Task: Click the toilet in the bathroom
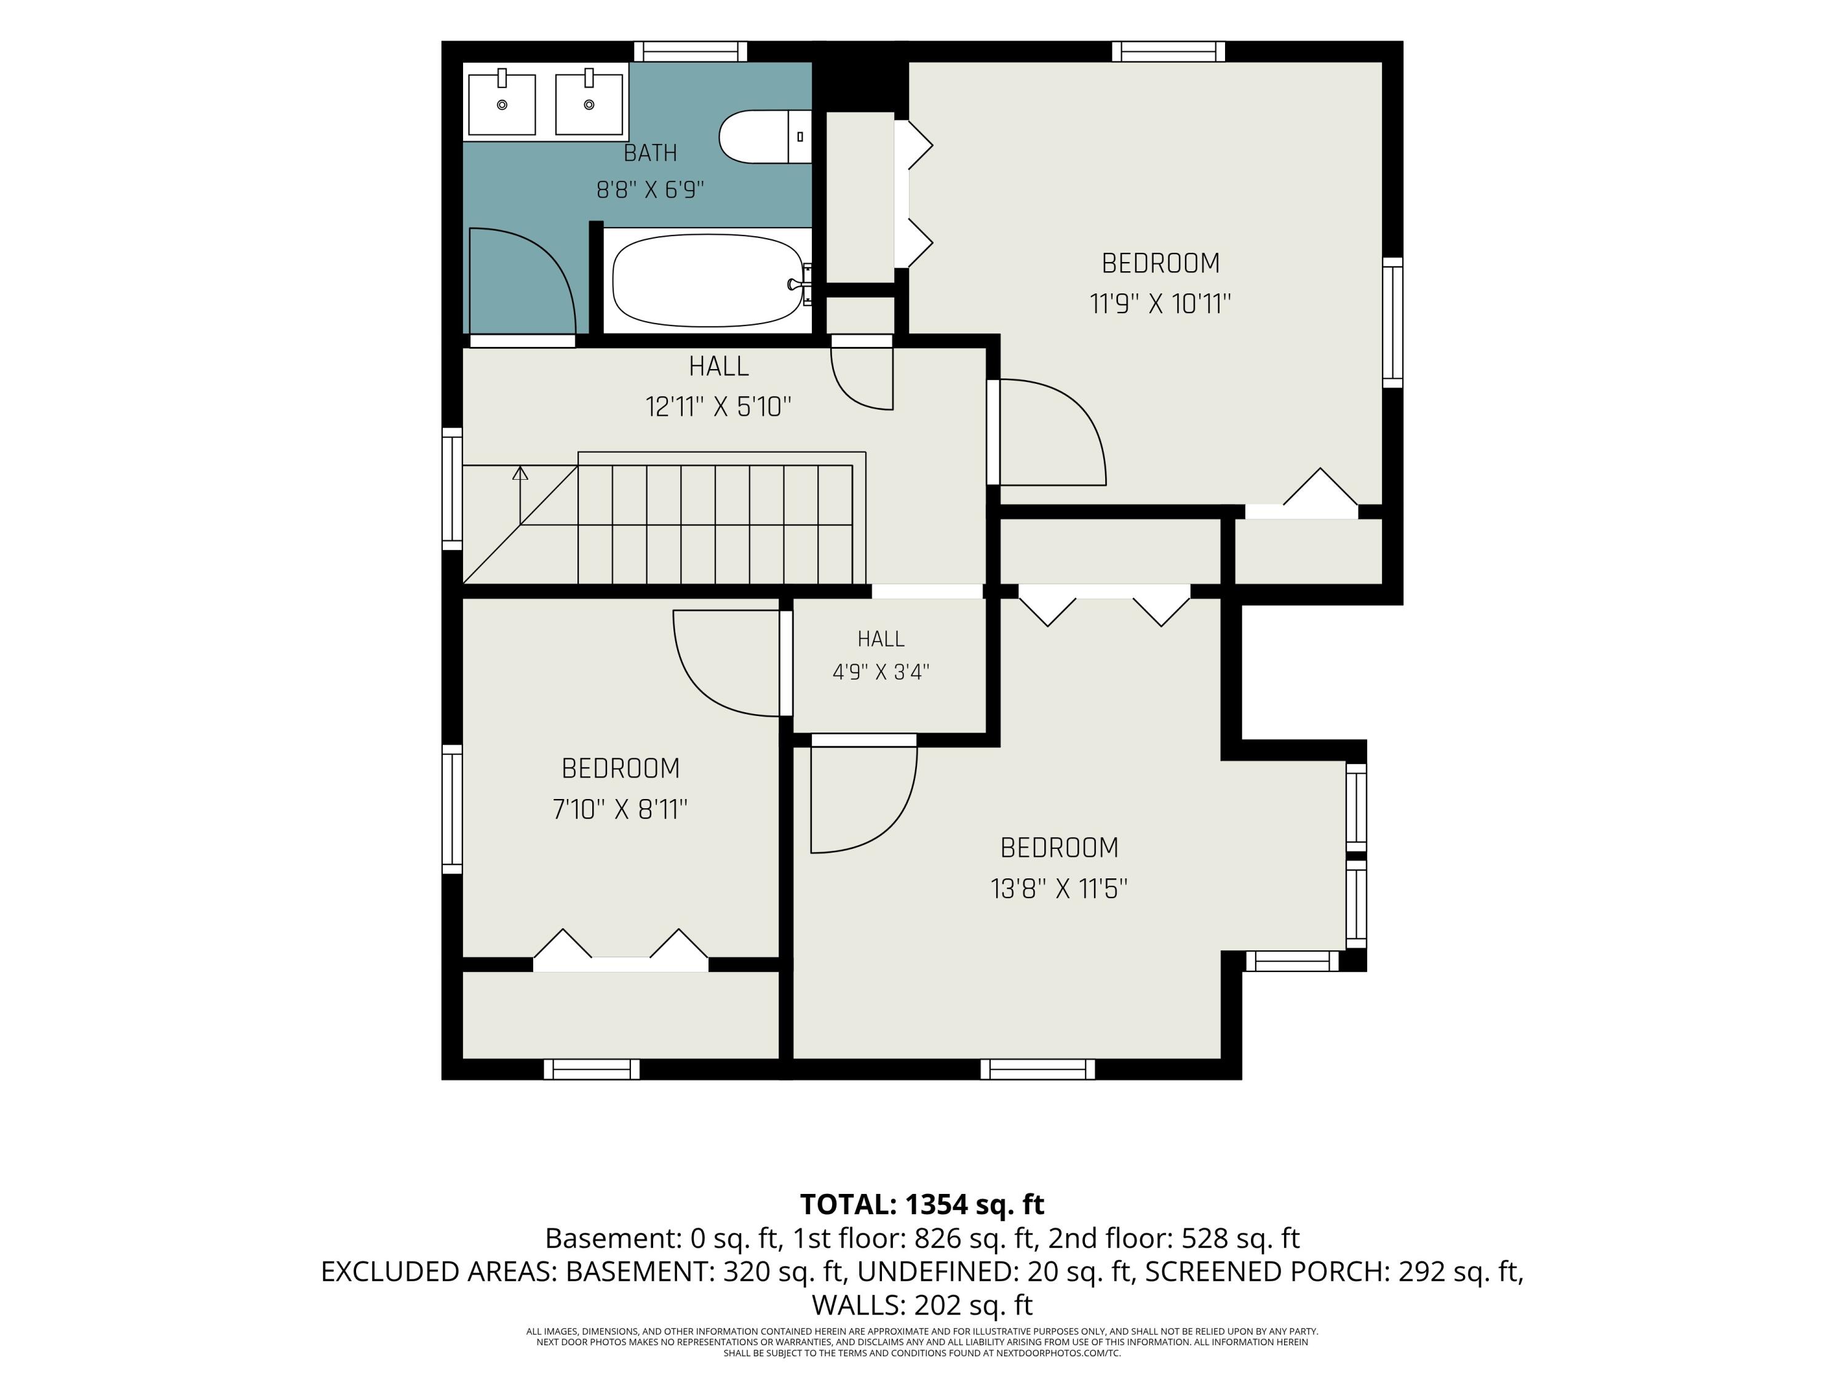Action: [765, 137]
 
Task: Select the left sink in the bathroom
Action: [501, 103]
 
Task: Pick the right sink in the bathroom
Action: [589, 103]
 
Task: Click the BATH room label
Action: [651, 154]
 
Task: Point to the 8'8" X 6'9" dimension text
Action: [651, 190]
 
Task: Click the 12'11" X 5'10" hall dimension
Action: [718, 407]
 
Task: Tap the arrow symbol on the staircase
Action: [520, 495]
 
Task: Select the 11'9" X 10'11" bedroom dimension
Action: [1161, 304]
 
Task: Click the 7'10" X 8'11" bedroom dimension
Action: [620, 809]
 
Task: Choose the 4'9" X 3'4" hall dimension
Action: [881, 672]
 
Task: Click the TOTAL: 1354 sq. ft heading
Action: [922, 1204]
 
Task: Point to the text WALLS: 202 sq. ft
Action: [922, 1305]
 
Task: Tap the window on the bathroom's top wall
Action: [691, 52]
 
